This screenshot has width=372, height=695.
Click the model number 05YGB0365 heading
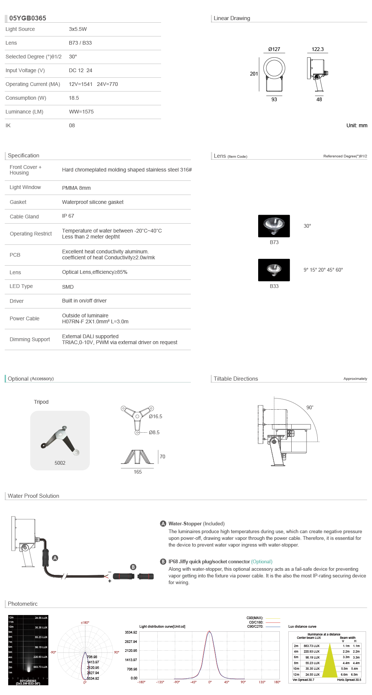pos(28,18)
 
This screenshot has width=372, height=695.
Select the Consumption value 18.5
pos(74,98)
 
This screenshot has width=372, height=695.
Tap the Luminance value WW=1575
pos(81,112)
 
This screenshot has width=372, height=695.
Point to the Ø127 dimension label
pos(274,49)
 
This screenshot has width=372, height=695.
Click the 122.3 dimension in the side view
pos(317,49)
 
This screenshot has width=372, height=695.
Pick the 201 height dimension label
pos(254,74)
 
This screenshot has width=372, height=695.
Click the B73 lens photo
pos(274,226)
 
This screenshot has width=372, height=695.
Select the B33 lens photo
pos(274,270)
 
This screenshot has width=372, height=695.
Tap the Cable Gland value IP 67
pos(68,216)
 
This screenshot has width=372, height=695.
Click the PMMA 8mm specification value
pos(76,188)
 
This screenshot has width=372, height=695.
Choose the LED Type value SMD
pos(68,287)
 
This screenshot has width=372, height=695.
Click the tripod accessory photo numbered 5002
pos(60,440)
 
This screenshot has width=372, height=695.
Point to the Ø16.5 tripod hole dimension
pos(155,416)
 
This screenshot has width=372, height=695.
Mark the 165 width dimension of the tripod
pos(138,472)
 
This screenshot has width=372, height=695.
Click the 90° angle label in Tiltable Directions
pos(310,407)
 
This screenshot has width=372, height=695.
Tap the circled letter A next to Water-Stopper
pos(163,523)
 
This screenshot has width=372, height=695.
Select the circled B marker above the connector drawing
pos(133,567)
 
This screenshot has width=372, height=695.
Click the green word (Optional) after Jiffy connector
pos(262,561)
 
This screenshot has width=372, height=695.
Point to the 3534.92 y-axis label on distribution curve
pos(131,632)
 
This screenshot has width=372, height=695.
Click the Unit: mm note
pos(357,125)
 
